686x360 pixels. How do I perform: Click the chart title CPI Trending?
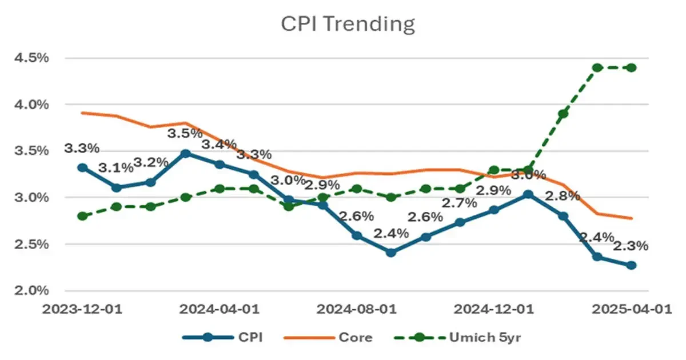point(347,24)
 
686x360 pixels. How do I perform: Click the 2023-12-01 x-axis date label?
point(82,309)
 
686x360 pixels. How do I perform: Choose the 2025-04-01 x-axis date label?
point(631,309)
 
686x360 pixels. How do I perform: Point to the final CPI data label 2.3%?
point(631,246)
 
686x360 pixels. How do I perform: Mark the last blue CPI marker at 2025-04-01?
point(631,265)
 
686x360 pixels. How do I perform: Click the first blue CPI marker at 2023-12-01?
point(82,167)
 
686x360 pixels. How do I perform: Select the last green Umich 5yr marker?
point(631,67)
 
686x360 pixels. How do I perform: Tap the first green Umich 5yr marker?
point(82,216)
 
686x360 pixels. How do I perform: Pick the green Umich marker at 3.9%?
point(563,114)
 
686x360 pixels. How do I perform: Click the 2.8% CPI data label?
point(563,196)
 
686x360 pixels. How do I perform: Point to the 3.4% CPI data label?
point(220,145)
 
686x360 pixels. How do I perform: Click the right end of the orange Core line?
point(631,218)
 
